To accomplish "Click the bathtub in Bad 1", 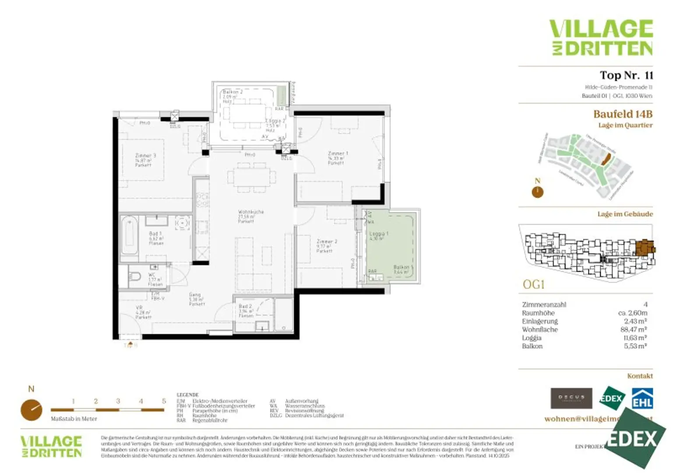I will pyautogui.click(x=129, y=236).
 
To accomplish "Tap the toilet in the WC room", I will pyautogui.click(x=135, y=277).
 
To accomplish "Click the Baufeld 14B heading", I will pyautogui.click(x=622, y=114).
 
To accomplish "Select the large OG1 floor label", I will pyautogui.click(x=533, y=285).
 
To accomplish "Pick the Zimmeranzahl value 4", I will pyautogui.click(x=645, y=304).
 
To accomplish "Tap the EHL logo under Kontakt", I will pyautogui.click(x=642, y=398).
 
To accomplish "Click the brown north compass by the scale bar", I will pyautogui.click(x=31, y=410).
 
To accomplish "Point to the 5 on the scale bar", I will pyautogui.click(x=164, y=401).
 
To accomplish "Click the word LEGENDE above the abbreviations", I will pyautogui.click(x=188, y=395).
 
